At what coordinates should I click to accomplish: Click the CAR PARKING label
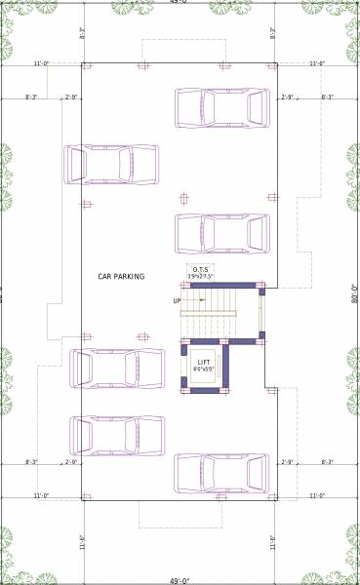[121, 277]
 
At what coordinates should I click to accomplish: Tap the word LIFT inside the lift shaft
[204, 362]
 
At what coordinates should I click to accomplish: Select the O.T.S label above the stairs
[201, 270]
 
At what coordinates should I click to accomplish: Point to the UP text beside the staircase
[177, 300]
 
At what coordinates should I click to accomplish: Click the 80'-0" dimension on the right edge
[355, 293]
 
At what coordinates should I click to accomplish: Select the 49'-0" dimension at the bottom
[180, 580]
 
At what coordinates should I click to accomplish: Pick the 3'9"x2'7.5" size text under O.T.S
[201, 278]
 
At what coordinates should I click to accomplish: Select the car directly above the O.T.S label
[221, 233]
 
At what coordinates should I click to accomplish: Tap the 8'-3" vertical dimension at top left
[83, 32]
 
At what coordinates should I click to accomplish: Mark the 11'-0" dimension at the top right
[317, 63]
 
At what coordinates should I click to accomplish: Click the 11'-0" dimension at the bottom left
[42, 496]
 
